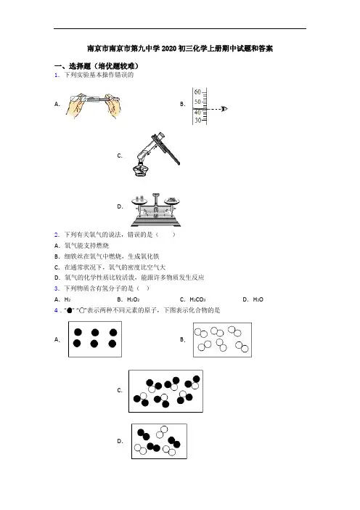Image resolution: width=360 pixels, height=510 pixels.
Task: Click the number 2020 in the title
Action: tap(169, 49)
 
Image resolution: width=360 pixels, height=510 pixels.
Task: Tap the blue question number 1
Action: tap(57, 75)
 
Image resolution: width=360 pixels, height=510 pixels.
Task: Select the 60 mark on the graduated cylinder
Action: tap(197, 92)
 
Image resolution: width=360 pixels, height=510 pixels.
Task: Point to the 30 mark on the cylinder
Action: tap(197, 121)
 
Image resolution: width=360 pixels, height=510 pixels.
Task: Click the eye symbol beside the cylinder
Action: tap(224, 109)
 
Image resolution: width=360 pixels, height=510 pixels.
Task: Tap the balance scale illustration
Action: tap(155, 209)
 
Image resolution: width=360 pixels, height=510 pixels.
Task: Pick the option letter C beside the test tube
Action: tap(120, 155)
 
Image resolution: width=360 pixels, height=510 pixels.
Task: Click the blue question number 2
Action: tap(57, 235)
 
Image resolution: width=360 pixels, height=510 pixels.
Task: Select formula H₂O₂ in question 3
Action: tap(134, 299)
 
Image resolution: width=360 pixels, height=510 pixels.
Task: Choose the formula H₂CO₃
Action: tap(197, 299)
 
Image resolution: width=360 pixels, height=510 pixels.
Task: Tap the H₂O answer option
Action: tap(258, 299)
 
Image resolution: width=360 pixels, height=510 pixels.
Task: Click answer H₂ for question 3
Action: tap(67, 299)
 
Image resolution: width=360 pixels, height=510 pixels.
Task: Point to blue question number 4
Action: tap(56, 310)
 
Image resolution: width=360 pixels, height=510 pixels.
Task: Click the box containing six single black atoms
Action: tap(95, 339)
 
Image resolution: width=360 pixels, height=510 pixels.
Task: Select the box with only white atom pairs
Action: tap(222, 340)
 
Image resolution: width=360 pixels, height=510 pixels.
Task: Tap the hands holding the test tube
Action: tap(93, 106)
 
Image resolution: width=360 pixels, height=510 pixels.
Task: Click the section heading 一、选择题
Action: tap(72, 66)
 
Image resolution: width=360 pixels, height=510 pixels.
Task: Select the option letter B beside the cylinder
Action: tap(183, 104)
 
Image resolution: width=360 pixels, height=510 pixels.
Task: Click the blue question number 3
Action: tap(57, 288)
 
